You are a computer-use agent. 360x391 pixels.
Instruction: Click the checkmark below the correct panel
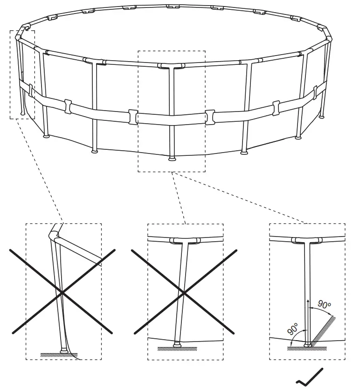310,377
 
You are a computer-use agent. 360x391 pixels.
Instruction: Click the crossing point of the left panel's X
62,293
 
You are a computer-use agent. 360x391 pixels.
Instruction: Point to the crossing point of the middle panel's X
185,293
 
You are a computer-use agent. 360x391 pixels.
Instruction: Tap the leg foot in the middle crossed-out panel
177,345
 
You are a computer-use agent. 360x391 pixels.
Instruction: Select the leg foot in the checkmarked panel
307,345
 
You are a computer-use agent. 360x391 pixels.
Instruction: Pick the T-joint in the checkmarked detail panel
307,241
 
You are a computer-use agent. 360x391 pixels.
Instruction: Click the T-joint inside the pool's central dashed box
171,67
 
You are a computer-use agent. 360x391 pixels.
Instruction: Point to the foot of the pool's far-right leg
322,115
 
